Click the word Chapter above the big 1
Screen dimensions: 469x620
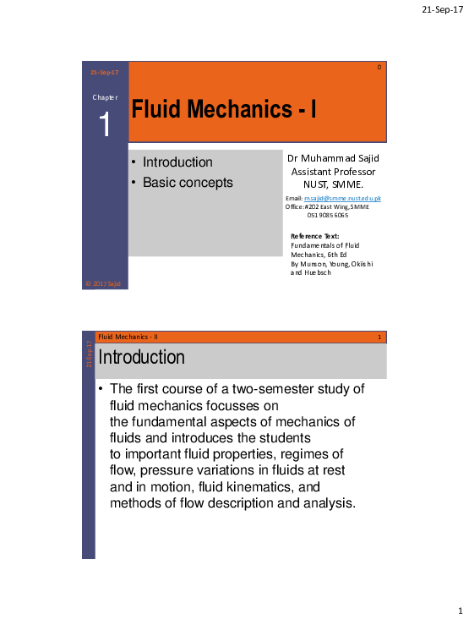point(105,98)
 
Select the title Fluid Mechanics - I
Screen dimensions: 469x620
point(223,110)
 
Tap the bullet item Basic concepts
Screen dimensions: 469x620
point(187,182)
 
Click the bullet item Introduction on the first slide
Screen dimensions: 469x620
point(177,162)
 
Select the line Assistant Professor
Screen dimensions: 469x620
point(333,171)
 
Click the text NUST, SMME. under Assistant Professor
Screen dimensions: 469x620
point(333,184)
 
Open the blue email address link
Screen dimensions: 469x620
point(342,198)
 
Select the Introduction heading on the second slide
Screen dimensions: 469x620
point(141,358)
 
